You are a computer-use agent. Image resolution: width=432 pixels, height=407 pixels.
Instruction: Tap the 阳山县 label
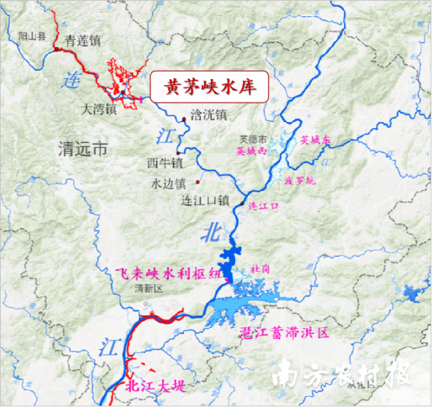[x=32, y=36]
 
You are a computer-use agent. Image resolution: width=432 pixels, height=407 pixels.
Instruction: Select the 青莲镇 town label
[x=82, y=41]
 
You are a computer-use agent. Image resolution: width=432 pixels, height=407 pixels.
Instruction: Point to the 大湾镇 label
[x=99, y=108]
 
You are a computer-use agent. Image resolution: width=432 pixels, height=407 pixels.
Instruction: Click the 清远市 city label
[x=83, y=148]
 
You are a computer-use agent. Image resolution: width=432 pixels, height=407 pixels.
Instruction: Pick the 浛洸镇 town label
[x=209, y=115]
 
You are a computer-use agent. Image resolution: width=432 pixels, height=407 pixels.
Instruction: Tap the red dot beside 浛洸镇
[x=184, y=119]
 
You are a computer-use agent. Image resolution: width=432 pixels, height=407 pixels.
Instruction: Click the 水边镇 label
[x=168, y=184]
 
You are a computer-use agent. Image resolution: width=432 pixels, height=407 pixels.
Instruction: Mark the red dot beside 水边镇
[x=197, y=182]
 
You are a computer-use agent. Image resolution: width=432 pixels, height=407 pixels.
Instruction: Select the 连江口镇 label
[x=206, y=201]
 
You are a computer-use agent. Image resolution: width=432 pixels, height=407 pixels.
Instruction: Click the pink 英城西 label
[x=252, y=152]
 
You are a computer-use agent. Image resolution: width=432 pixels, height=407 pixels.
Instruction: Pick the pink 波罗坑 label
[x=299, y=181]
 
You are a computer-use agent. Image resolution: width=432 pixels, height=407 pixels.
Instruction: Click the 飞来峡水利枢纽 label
[x=168, y=273]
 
